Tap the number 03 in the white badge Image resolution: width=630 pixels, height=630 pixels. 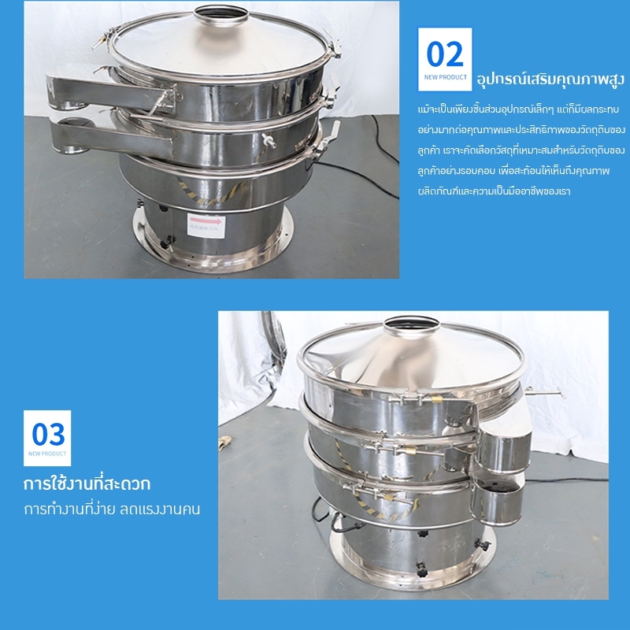coord(47,434)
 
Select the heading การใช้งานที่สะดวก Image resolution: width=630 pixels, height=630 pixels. coord(87,481)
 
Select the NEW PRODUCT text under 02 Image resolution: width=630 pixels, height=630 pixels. coord(445,77)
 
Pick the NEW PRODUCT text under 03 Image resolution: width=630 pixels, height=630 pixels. coord(47,454)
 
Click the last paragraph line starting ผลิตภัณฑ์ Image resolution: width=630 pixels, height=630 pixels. coord(496,191)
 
